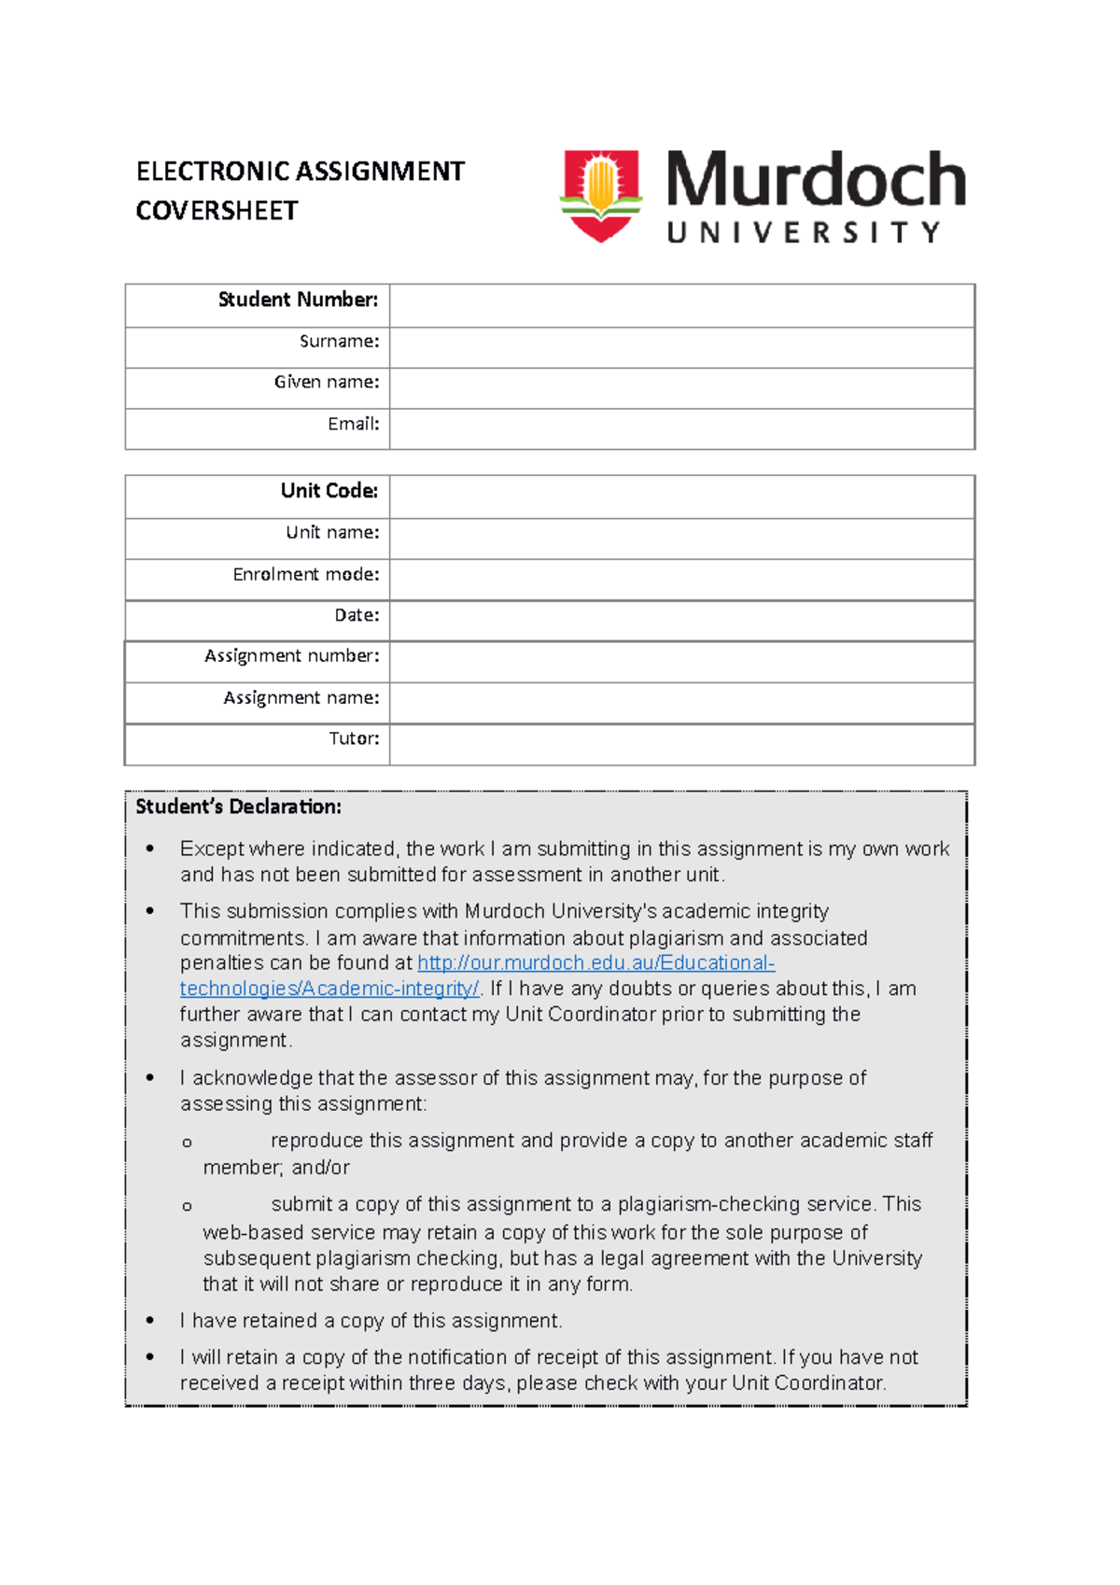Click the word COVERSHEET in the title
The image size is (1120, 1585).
tap(217, 211)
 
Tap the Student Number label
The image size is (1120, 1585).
tap(298, 300)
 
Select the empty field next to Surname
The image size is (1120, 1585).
tap(681, 347)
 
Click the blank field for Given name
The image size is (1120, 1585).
tap(681, 388)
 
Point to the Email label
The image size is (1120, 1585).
tap(353, 424)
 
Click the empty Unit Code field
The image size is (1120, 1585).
tap(681, 497)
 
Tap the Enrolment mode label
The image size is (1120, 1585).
tap(305, 574)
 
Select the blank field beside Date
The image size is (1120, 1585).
tap(681, 621)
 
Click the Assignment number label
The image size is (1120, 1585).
tap(291, 656)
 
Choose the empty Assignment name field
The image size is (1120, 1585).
tap(681, 703)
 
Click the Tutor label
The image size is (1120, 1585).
tap(354, 738)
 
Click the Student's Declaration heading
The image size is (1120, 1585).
tap(238, 807)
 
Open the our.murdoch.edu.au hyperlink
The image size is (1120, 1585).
tap(595, 963)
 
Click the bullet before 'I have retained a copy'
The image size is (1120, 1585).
tap(150, 1321)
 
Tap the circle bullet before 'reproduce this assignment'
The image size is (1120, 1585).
tap(187, 1143)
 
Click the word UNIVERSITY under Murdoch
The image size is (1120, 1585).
tap(803, 232)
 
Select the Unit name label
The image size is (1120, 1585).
tap(332, 532)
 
